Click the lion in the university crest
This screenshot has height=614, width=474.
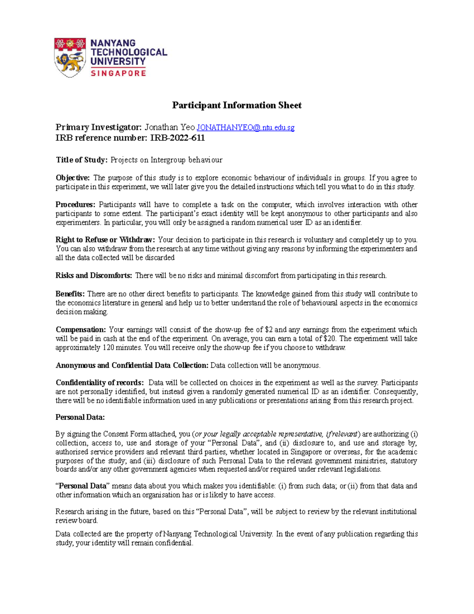(70, 61)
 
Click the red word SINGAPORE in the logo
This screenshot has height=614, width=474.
(118, 73)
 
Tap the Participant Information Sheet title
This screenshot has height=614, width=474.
(237, 105)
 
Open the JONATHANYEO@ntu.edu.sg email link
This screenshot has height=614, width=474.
(245, 127)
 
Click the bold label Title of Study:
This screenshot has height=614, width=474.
(81, 160)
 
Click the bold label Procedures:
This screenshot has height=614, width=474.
(75, 204)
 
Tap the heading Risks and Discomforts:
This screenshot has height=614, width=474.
(94, 275)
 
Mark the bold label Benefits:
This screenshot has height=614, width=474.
(70, 294)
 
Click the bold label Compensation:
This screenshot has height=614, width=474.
(81, 329)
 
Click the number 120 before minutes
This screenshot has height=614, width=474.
(109, 348)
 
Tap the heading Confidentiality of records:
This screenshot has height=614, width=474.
(100, 382)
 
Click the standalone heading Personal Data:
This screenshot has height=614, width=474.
(80, 417)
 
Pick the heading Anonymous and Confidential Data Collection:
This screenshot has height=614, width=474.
(132, 365)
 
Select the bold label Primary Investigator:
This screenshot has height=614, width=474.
(98, 127)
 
